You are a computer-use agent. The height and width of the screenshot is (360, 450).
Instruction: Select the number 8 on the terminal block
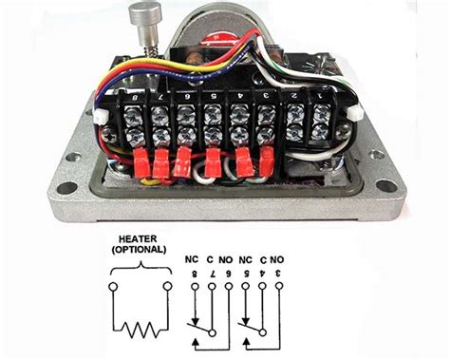(x=141, y=98)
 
